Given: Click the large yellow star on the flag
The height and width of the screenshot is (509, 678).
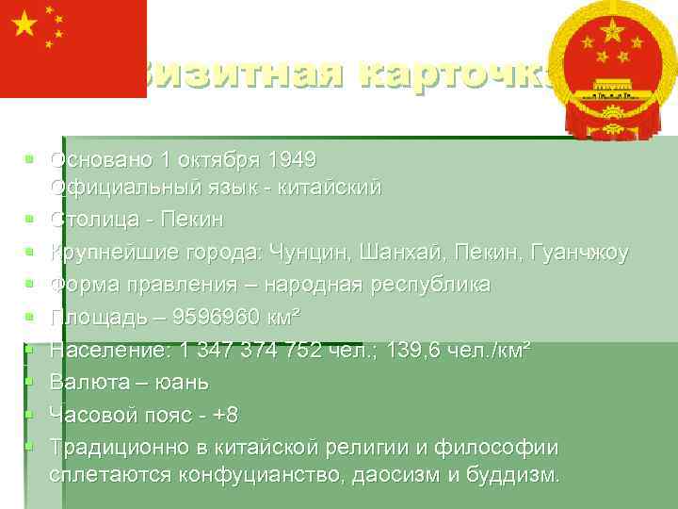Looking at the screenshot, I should (x=24, y=25).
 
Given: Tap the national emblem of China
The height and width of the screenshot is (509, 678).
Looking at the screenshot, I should (x=613, y=71).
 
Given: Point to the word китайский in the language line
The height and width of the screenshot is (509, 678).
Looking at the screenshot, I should (x=327, y=188).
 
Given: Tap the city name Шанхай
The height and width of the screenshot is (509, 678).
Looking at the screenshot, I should (x=389, y=253).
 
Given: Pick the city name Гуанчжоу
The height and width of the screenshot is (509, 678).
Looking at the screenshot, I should (x=577, y=253).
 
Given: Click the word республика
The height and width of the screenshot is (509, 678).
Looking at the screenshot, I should (x=424, y=285).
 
